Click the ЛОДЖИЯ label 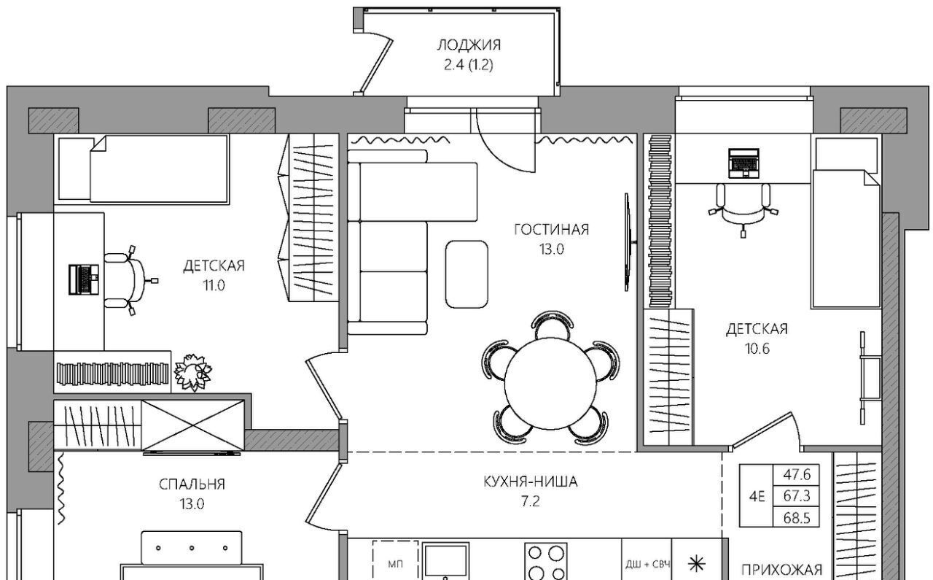pos(469,45)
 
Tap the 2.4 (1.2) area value pos(469,66)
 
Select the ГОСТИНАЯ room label pos(552,230)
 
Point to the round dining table pos(550,384)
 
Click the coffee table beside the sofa pos(466,274)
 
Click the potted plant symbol pos(192,372)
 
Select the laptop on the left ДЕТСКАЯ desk pos(84,279)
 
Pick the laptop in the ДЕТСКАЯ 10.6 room pos(743,163)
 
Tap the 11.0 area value pos(214,285)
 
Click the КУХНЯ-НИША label pos(530,482)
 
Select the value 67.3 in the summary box pos(797,496)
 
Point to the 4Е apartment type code pos(757,497)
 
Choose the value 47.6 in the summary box pos(797,474)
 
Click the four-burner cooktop pos(546,561)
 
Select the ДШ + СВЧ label pos(647,565)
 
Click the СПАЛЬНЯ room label pos(192,484)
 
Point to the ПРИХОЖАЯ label pos(782,570)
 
